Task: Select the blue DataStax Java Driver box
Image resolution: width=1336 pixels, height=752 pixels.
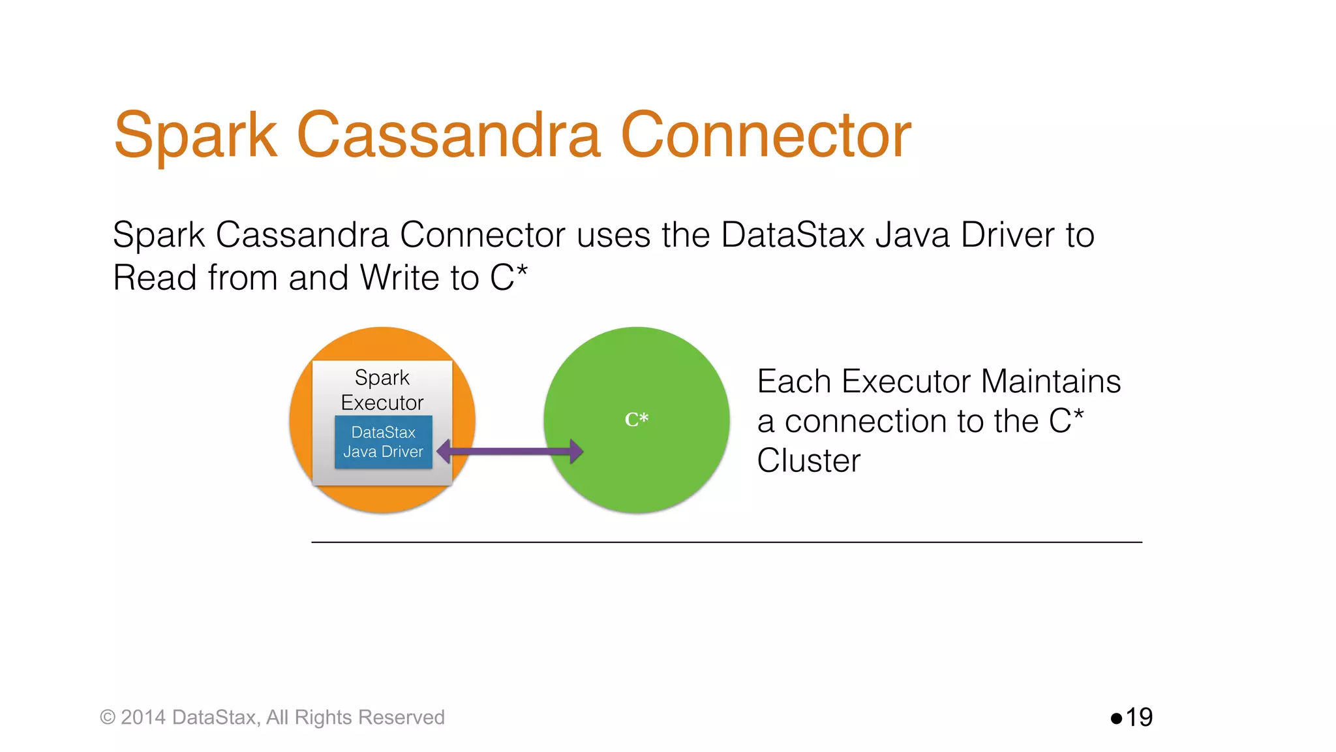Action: tap(383, 442)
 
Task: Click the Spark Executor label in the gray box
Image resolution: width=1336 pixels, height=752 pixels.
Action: tap(382, 390)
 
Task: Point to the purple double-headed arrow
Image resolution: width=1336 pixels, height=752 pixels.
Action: tap(509, 451)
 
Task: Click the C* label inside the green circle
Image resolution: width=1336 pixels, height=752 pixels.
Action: tap(636, 419)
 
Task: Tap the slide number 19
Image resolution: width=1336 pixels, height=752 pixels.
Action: tap(1139, 717)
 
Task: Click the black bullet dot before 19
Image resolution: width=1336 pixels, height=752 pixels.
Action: tap(1116, 719)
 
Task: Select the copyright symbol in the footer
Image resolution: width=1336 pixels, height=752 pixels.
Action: tap(107, 717)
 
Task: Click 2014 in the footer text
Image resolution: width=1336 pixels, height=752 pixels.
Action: tap(143, 717)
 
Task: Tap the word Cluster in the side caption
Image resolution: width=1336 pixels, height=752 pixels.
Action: tap(808, 461)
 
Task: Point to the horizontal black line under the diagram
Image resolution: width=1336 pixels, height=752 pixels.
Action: tap(726, 542)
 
